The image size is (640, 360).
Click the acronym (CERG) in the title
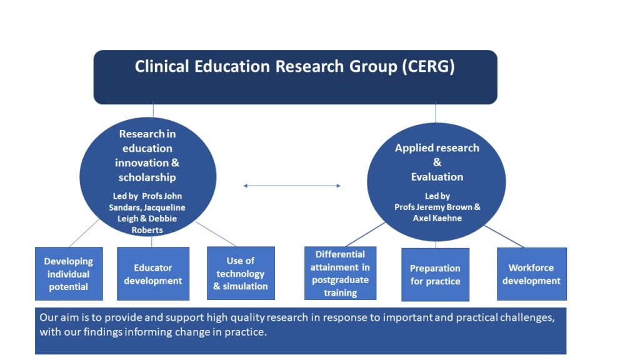click(x=428, y=66)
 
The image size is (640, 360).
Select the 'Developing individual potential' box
click(x=69, y=274)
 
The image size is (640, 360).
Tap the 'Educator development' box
click(x=153, y=274)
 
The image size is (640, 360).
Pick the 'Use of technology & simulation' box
click(x=241, y=273)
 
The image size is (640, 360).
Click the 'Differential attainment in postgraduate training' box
click(x=341, y=273)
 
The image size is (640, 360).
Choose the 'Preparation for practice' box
click(x=435, y=275)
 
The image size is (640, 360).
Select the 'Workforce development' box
click(x=532, y=274)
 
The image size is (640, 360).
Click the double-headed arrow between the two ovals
click(x=292, y=186)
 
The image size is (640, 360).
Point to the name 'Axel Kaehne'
click(x=437, y=218)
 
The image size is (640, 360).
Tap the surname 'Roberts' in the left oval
click(x=147, y=230)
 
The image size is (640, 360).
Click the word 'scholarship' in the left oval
click(x=147, y=177)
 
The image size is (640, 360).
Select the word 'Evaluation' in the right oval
click(x=437, y=177)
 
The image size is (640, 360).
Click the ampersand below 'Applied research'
click(x=437, y=162)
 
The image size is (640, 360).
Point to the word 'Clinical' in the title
click(x=162, y=66)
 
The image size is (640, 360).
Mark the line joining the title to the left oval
click(x=153, y=110)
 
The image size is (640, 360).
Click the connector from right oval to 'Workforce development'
click(x=504, y=236)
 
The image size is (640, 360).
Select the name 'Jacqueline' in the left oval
click(x=164, y=207)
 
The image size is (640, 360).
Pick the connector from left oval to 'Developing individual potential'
click(x=84, y=233)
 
